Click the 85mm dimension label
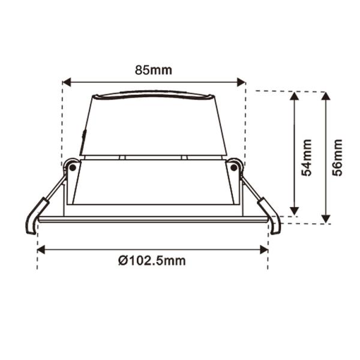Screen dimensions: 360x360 click(154, 70)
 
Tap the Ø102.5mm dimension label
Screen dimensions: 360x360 click(152, 260)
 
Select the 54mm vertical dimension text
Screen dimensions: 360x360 click(306, 157)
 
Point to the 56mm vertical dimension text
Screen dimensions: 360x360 click(337, 157)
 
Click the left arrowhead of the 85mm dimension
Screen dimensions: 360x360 click(67, 82)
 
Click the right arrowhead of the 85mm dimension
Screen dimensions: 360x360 click(241, 82)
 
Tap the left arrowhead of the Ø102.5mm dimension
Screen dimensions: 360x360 click(41, 250)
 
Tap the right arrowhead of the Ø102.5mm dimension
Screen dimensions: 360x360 click(264, 250)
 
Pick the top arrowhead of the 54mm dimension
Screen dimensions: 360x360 click(295, 96)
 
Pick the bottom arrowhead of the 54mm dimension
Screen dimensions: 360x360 click(295, 211)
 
